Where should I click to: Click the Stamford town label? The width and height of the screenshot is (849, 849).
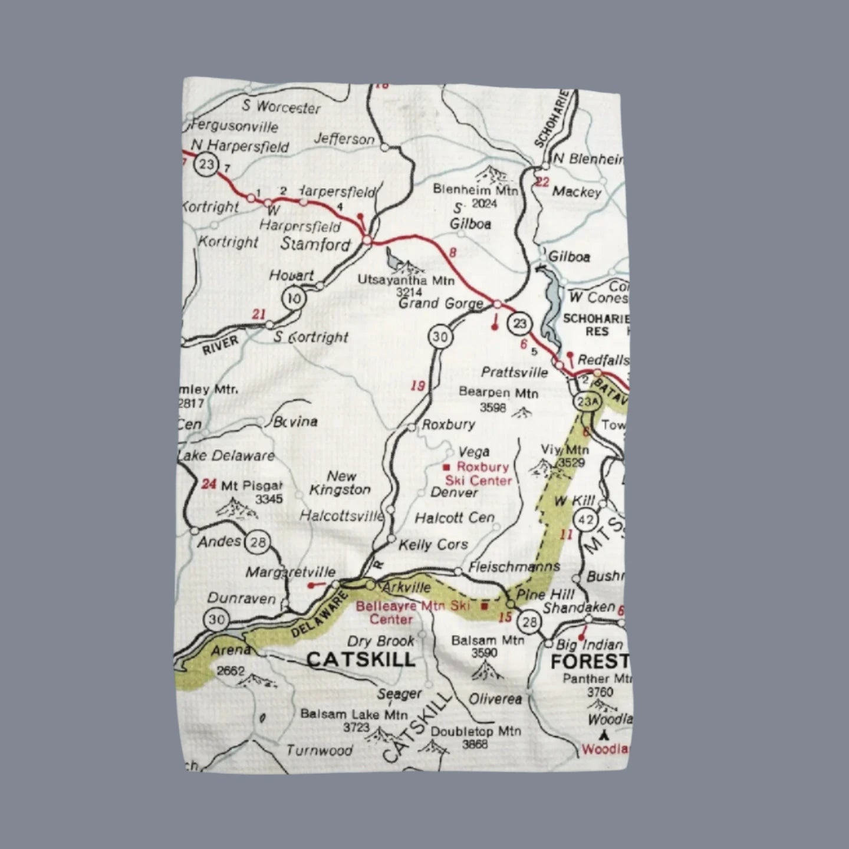(315, 244)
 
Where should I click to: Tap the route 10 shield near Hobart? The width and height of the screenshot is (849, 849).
(293, 299)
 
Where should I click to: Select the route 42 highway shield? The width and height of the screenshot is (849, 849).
(585, 520)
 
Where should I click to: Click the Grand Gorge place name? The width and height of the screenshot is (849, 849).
(441, 304)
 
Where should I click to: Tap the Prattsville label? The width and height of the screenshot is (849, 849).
(514, 372)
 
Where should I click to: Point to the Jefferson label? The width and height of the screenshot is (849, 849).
(344, 139)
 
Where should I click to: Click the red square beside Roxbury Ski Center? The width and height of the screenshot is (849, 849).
(446, 467)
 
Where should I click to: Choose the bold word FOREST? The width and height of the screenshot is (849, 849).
(589, 662)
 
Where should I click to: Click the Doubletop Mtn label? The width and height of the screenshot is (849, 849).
(476, 731)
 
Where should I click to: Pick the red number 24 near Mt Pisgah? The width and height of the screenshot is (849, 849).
(209, 485)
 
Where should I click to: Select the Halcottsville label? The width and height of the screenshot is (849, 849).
(341, 516)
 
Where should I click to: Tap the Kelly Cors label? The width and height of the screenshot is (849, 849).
(433, 545)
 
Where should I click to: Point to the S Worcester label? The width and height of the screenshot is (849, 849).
(281, 107)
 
